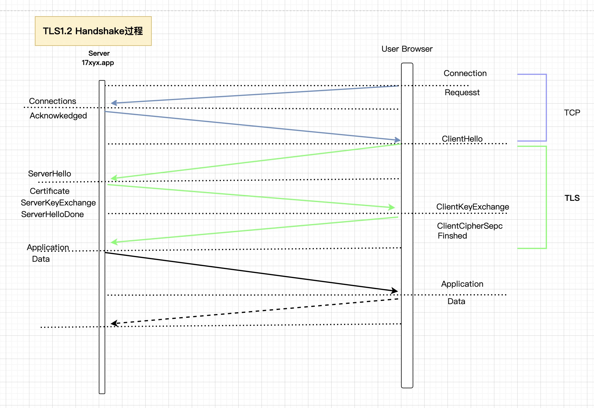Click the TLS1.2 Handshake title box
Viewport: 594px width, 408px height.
(93, 31)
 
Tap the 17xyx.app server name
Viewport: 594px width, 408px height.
(98, 63)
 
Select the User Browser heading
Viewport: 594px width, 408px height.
(407, 49)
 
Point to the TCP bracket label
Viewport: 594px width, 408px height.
(572, 113)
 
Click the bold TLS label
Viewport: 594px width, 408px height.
(572, 198)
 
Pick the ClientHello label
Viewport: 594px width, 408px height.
(462, 139)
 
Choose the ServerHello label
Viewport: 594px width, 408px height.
(49, 174)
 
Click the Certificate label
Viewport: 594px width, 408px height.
(49, 191)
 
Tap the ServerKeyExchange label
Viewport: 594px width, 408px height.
(58, 203)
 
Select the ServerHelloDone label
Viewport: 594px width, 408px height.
(52, 214)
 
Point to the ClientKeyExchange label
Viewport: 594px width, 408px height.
(473, 207)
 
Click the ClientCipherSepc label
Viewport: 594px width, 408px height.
(470, 226)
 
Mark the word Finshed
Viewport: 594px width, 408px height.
(452, 236)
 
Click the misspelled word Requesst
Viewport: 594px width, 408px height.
(462, 92)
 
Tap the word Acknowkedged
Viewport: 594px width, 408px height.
(58, 115)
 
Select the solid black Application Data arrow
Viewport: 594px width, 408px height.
(250, 272)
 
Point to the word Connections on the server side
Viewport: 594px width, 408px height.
(52, 101)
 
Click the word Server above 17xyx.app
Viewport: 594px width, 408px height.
(99, 53)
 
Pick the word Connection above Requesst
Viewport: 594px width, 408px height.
(465, 73)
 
